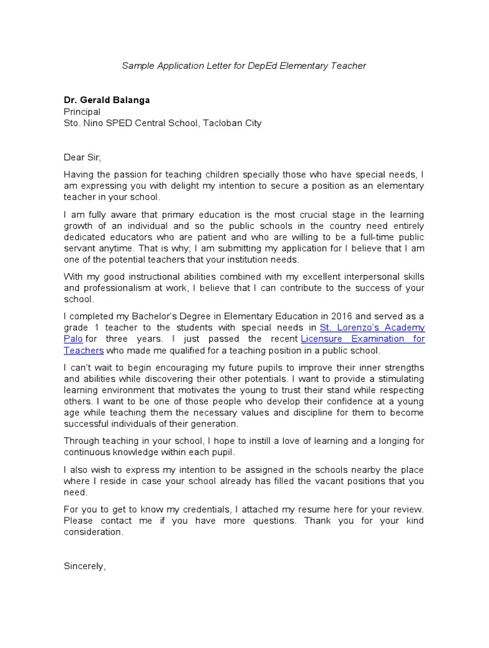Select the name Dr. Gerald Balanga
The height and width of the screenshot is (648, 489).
[x=107, y=100]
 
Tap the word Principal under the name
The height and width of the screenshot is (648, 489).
[x=82, y=112]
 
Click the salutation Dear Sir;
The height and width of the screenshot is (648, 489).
[x=86, y=158]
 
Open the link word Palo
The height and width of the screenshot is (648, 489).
[x=73, y=339]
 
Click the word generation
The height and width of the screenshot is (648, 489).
[x=213, y=424]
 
